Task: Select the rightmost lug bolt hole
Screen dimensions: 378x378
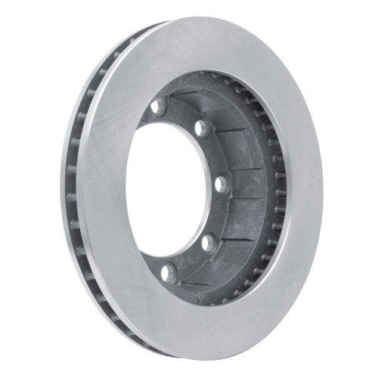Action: [221, 184]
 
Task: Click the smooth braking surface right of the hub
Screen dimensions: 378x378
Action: [302, 189]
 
